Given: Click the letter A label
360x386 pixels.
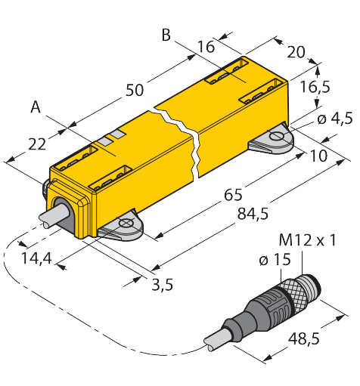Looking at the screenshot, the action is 36,107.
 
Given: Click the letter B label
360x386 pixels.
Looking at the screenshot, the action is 166,35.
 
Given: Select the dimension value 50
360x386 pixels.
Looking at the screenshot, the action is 135,90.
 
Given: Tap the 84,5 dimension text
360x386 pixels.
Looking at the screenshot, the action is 253,215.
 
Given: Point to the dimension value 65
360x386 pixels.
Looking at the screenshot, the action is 233,195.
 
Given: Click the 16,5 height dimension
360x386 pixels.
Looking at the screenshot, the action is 315,87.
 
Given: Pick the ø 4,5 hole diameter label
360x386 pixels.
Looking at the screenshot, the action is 335,119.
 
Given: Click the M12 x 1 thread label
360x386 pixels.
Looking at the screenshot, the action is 308,240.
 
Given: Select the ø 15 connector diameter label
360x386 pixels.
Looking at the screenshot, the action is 275,259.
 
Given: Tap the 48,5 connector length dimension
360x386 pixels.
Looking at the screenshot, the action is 304,338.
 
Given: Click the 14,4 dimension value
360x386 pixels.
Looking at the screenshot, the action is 36,258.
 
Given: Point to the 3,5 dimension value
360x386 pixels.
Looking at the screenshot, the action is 163,285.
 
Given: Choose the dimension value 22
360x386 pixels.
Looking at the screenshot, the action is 37,144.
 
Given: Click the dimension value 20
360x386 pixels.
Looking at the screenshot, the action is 296,52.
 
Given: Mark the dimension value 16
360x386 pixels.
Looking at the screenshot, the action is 206,47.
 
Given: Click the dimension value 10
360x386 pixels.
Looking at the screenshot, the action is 318,156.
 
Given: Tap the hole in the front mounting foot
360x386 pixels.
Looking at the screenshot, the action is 126,224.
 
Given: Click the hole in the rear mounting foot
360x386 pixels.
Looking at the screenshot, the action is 276,136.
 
